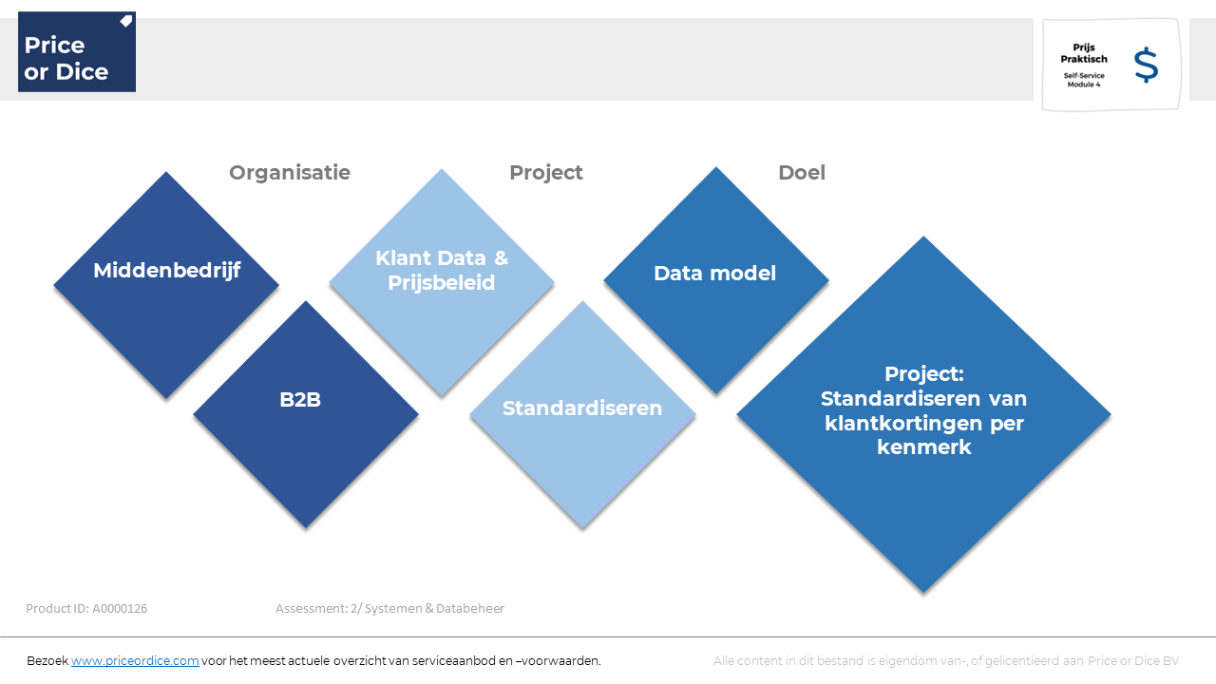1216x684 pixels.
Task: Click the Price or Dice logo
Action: pos(77,51)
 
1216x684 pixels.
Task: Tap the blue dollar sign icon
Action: pos(1146,66)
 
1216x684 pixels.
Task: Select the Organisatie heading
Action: pos(290,173)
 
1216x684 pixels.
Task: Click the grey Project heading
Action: pos(545,173)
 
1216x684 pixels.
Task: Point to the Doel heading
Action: pos(801,173)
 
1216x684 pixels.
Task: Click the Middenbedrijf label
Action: pos(166,271)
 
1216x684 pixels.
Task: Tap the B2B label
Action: pos(300,400)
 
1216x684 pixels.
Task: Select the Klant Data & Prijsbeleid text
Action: pos(442,271)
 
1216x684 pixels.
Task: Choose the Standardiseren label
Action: pos(582,408)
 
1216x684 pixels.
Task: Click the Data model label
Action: pos(714,273)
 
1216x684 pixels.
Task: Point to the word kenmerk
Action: pos(923,447)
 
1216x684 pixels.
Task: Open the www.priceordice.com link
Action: pos(135,660)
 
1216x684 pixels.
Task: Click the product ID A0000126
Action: pos(120,609)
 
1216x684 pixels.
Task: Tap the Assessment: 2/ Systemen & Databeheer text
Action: pos(389,609)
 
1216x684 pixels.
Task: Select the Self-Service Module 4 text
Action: pos(1084,80)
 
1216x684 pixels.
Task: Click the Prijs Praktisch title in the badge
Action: pos(1084,53)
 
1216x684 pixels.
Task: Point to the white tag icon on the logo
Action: pos(126,21)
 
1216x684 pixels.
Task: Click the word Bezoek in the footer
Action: pos(47,660)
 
